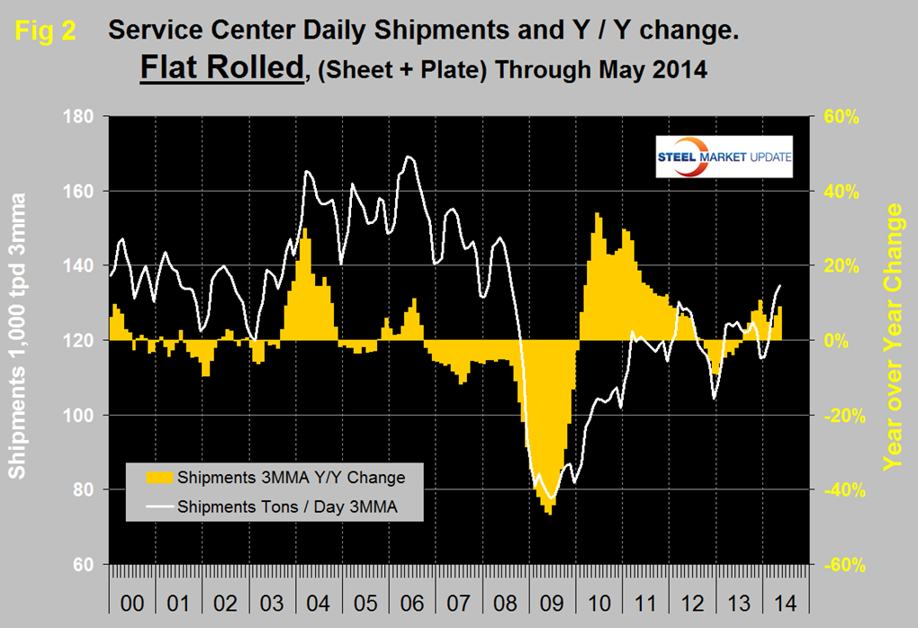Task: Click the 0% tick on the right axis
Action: (842, 341)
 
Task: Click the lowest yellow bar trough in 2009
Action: (548, 515)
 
